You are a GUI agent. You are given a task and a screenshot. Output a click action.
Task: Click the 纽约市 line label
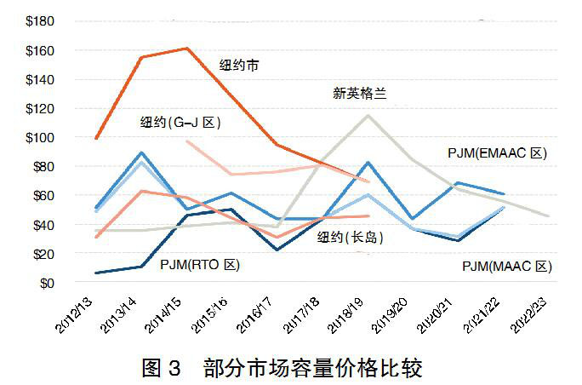pyautogui.click(x=240, y=66)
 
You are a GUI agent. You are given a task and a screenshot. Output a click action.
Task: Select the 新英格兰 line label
pyautogui.click(x=359, y=94)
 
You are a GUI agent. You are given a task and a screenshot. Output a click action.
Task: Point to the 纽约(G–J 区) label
pyautogui.click(x=180, y=123)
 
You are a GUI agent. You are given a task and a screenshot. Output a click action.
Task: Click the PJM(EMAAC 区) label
pyautogui.click(x=497, y=153)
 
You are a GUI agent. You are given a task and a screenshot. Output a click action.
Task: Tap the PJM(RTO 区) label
pyautogui.click(x=200, y=265)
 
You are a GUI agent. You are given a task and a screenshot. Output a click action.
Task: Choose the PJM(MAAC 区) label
pyautogui.click(x=507, y=267)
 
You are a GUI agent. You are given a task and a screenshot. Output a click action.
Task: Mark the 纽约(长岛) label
pyautogui.click(x=350, y=237)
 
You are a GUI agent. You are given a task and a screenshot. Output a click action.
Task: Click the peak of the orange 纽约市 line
pyautogui.click(x=187, y=49)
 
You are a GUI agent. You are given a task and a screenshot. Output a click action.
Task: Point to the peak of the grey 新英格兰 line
pyautogui.click(x=368, y=115)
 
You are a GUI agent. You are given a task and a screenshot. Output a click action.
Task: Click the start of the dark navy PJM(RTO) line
pyautogui.click(x=96, y=273)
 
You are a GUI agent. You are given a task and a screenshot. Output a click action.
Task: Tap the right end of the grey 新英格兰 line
pyautogui.click(x=549, y=216)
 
